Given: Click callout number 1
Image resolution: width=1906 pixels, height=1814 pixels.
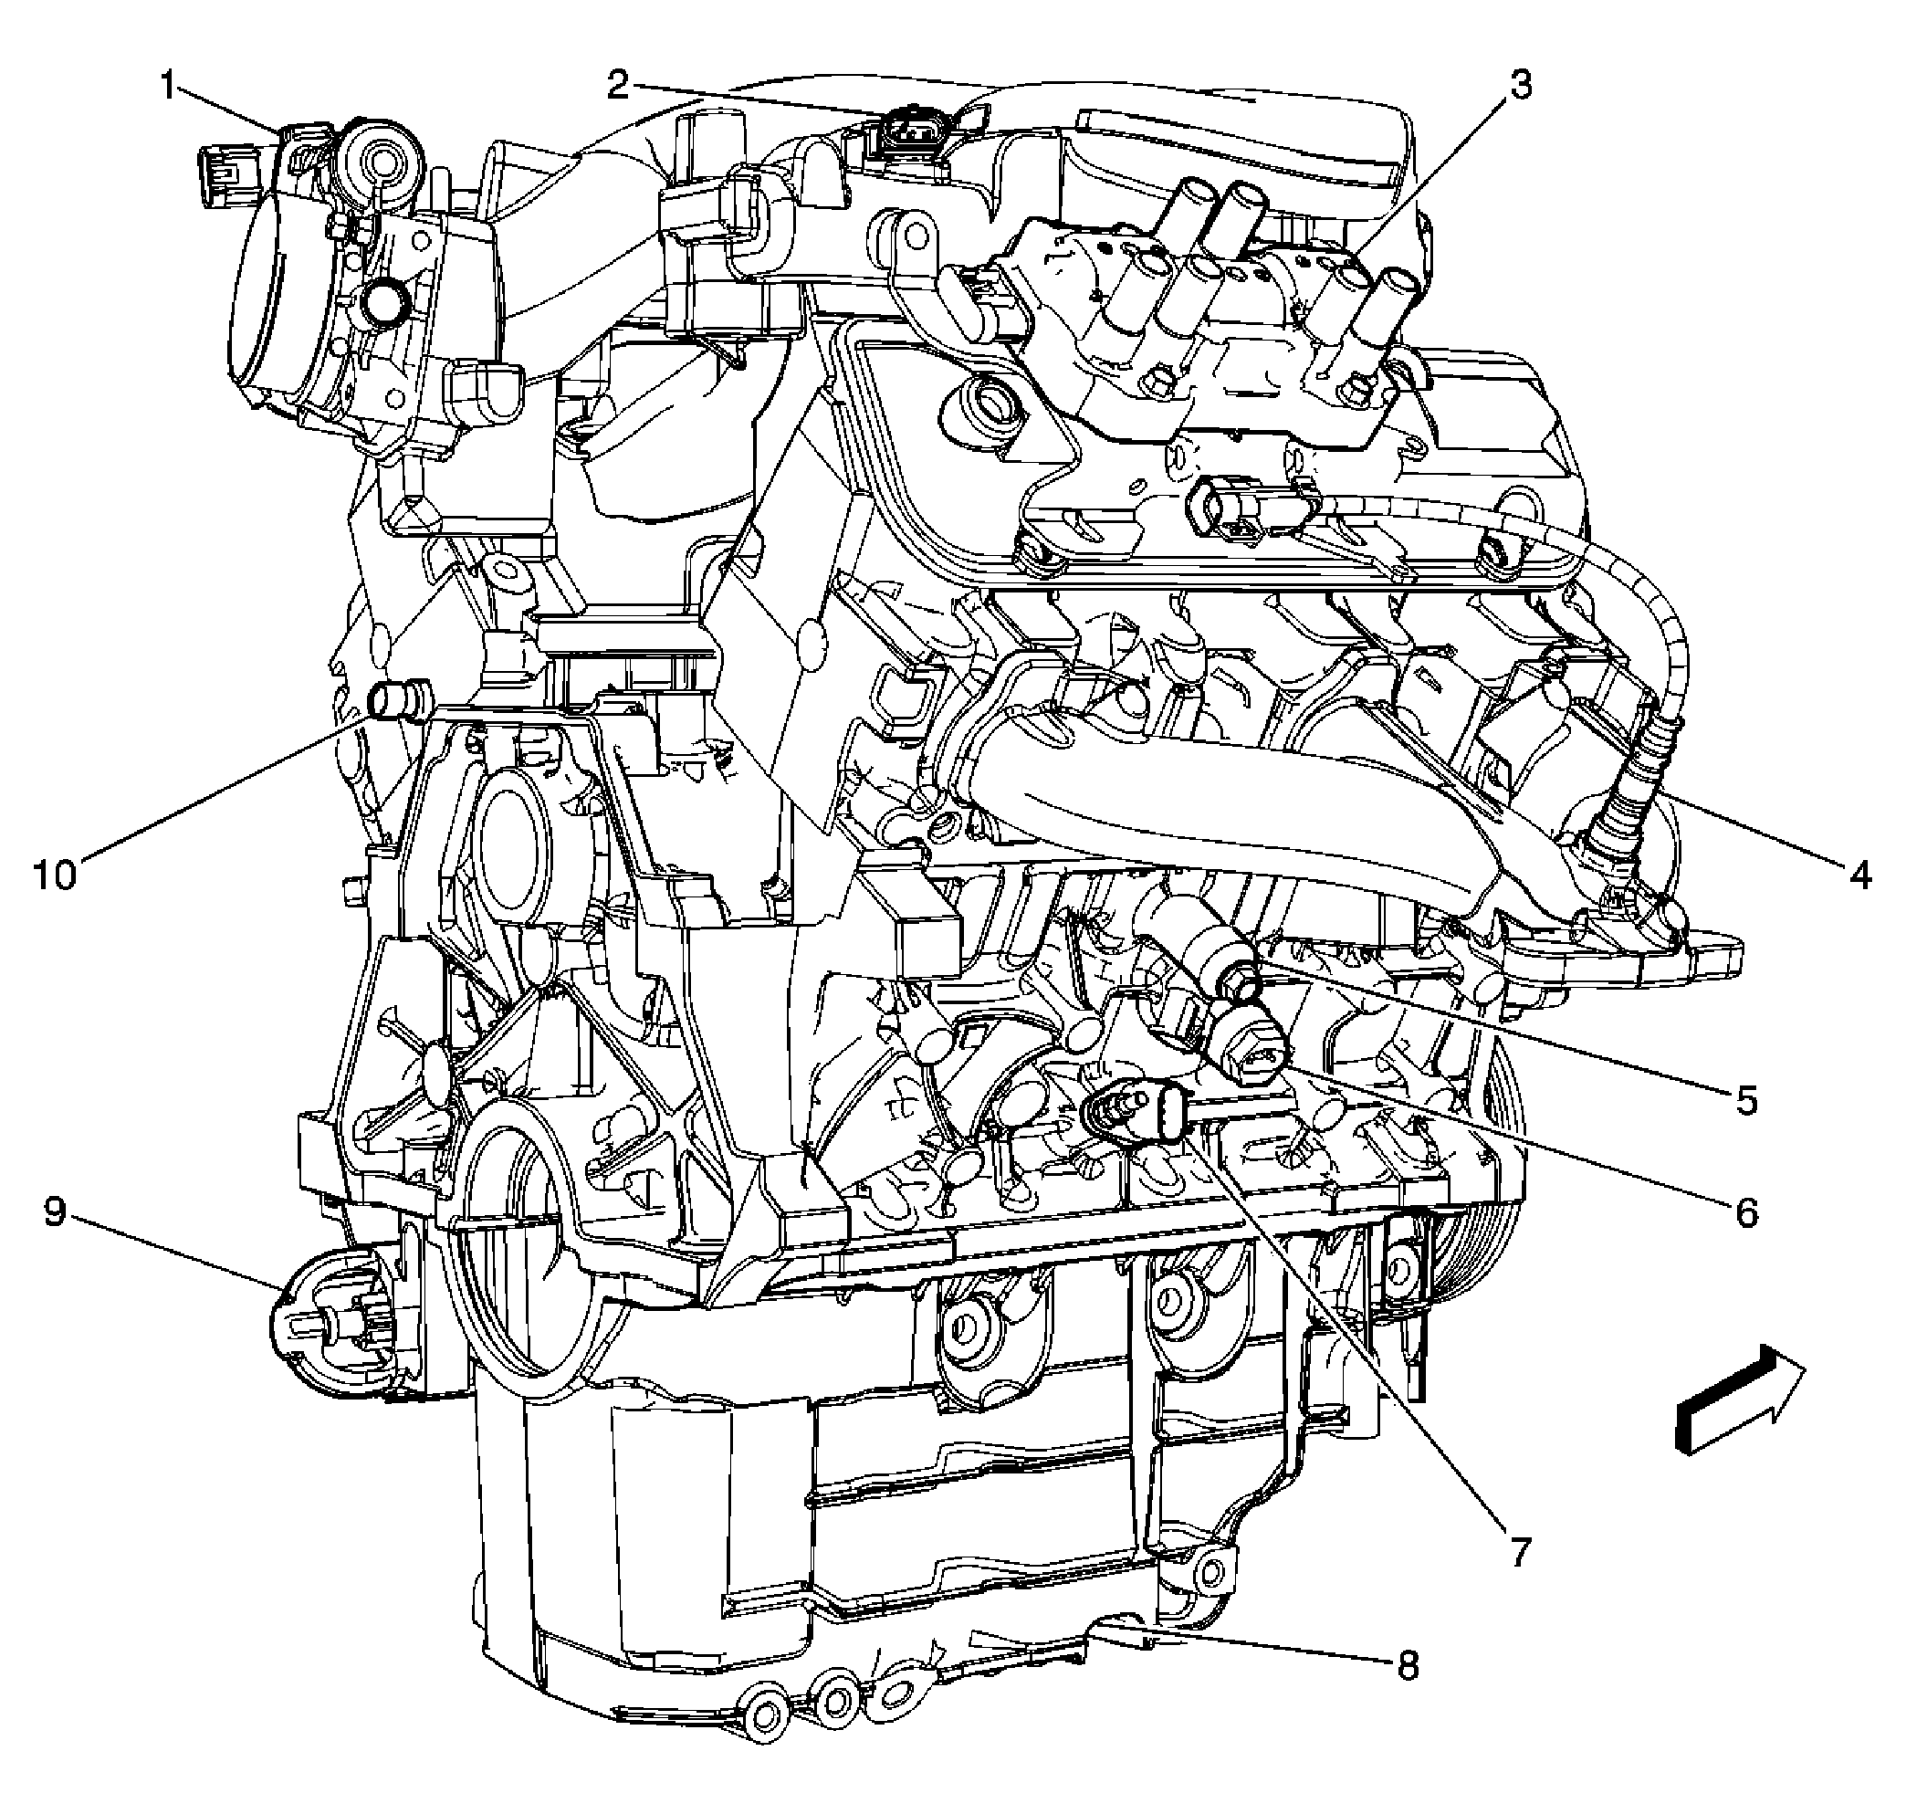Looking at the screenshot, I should pos(168,88).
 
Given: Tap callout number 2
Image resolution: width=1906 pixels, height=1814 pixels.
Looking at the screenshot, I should pos(619,86).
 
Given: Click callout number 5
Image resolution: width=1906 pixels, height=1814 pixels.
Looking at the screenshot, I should pos(1745,1099).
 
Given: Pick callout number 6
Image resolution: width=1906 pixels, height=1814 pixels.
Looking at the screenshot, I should pos(1745,1211).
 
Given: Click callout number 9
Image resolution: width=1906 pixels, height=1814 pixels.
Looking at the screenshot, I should pos(55,1211).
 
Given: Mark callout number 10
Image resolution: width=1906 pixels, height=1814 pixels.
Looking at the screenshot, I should pos(55,876).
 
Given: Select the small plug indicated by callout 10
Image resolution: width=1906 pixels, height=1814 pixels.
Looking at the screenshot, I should pos(401,700).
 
